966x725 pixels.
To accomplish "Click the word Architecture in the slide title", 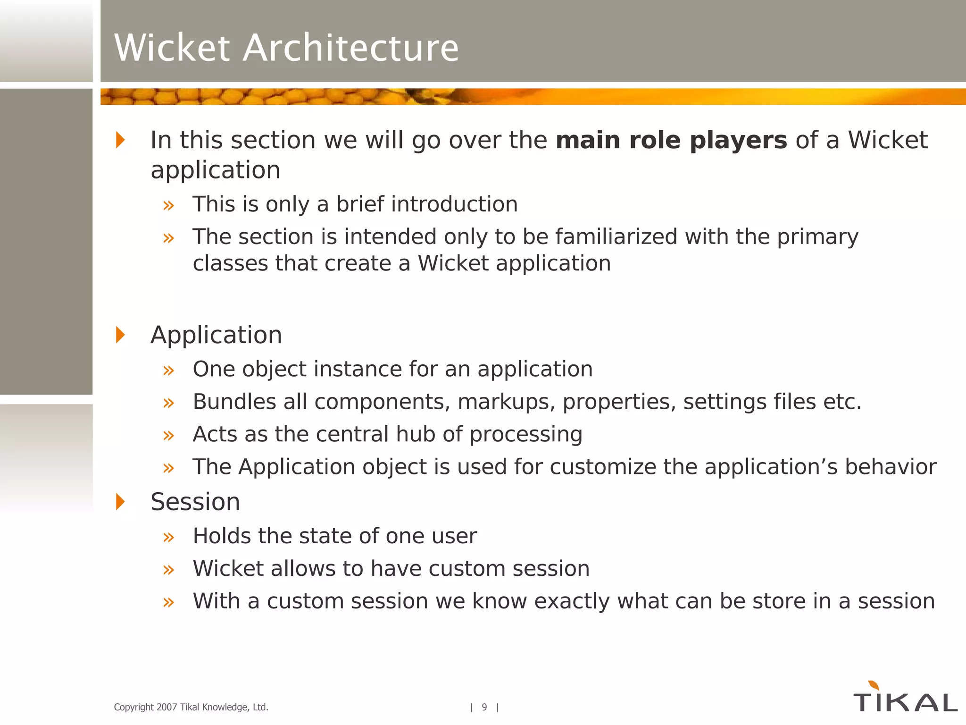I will point(350,48).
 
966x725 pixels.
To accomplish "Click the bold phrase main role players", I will point(671,140).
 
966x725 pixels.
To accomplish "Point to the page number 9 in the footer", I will point(484,707).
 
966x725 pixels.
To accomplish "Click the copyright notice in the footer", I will point(191,707).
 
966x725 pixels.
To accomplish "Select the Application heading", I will point(216,335).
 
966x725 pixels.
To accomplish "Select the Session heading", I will point(195,502).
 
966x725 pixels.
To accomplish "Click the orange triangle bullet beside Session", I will point(120,501).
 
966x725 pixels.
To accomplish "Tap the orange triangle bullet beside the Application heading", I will point(120,335).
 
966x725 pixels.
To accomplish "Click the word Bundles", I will point(234,402).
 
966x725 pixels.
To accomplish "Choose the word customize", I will point(603,467).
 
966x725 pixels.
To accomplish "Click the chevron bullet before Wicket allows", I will point(168,570).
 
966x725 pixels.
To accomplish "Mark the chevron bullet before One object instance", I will point(168,370).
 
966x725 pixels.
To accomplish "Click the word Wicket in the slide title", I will point(173,48).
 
